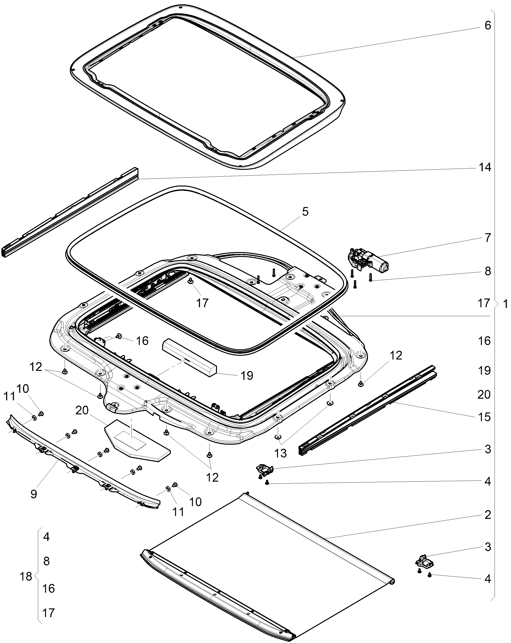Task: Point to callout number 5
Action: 305,212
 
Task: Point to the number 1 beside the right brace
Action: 505,304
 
